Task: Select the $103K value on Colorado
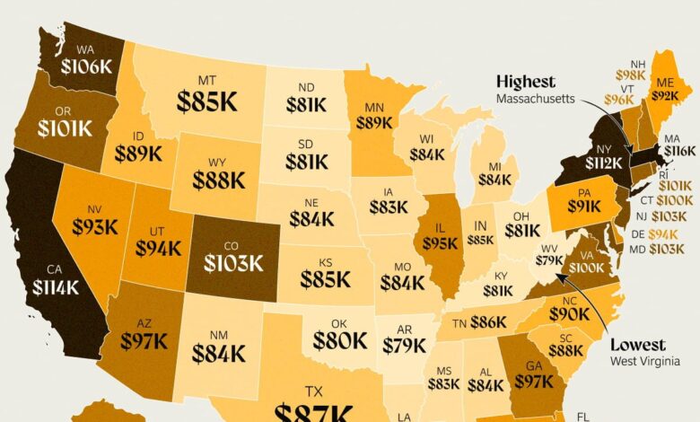(232, 262)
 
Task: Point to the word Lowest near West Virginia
(638, 346)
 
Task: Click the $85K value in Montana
(207, 101)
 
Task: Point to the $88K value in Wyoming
(216, 180)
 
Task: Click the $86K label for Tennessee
(486, 321)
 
